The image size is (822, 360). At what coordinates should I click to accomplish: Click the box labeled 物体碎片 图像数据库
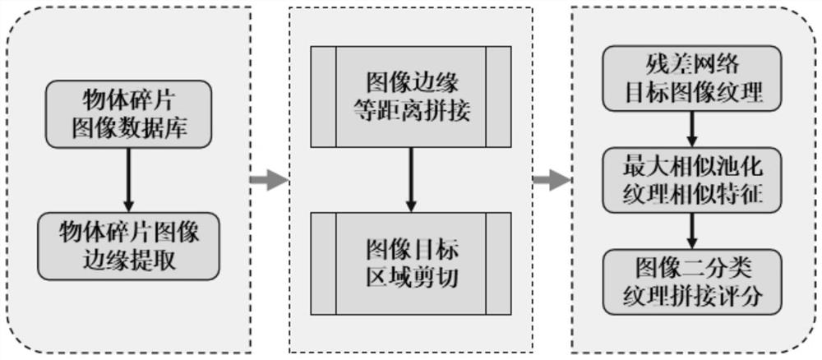coord(128,115)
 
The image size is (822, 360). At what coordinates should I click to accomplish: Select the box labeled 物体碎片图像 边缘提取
coord(128,246)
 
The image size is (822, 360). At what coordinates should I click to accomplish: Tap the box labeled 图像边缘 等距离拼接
coord(410,97)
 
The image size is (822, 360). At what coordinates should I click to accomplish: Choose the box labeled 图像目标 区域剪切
coord(410,263)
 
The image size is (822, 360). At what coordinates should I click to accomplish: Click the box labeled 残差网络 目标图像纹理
coord(694,80)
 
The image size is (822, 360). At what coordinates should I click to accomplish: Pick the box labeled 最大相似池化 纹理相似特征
coord(694,180)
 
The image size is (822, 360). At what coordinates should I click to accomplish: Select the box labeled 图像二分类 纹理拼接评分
coord(694,280)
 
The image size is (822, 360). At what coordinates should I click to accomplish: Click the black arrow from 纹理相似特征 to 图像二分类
coord(694,230)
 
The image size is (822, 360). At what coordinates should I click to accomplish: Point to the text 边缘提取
coord(128,261)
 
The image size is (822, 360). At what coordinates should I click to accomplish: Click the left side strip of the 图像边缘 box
coord(323,97)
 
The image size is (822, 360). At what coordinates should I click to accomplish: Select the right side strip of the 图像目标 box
coord(498,263)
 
